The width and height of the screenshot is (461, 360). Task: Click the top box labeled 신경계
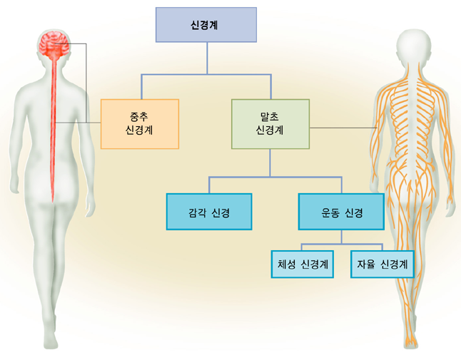pyautogui.click(x=206, y=25)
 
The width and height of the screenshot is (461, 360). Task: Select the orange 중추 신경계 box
pyautogui.click(x=140, y=124)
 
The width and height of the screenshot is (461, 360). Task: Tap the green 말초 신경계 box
pyautogui.click(x=270, y=124)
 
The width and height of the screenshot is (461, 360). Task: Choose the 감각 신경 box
pyautogui.click(x=209, y=212)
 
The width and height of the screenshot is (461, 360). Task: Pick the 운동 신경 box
pyautogui.click(x=341, y=212)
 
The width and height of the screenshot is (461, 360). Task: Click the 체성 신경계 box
pyautogui.click(x=303, y=264)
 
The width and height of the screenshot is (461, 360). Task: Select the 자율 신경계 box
pyautogui.click(x=383, y=264)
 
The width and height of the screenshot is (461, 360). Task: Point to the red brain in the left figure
pyautogui.click(x=54, y=45)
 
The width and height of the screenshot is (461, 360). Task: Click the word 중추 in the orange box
pyautogui.click(x=139, y=117)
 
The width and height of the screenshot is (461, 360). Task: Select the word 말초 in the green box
pyautogui.click(x=270, y=117)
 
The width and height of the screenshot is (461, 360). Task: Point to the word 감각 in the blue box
pyautogui.click(x=197, y=212)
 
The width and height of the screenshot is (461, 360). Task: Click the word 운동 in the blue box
pyautogui.click(x=330, y=212)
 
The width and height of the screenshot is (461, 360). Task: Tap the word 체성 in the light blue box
pyautogui.click(x=287, y=264)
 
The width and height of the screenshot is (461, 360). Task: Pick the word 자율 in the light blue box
pyautogui.click(x=366, y=264)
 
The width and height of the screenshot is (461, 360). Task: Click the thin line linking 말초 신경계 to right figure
pyautogui.click(x=343, y=128)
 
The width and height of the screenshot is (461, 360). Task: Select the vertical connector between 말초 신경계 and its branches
pyautogui.click(x=270, y=163)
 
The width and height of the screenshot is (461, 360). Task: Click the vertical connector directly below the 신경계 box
pyautogui.click(x=207, y=58)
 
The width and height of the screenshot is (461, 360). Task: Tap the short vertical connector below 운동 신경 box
pyautogui.click(x=341, y=237)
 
